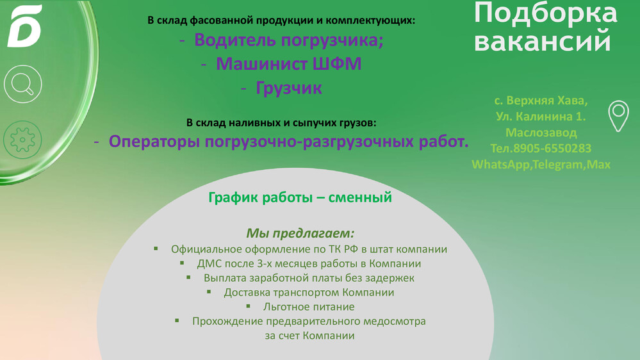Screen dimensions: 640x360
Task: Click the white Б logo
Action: pyautogui.click(x=24, y=26)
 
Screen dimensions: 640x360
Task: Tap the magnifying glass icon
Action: pyautogui.click(x=23, y=84)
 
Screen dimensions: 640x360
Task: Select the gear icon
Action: pyautogui.click(x=22, y=140)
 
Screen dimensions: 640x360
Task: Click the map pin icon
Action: pyautogui.click(x=618, y=116)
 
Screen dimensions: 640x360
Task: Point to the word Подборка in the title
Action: pyautogui.click(x=545, y=13)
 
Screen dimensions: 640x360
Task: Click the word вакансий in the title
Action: pyautogui.click(x=543, y=41)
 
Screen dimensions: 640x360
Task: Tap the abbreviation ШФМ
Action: pyautogui.click(x=337, y=63)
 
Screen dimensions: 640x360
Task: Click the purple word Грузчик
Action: pyautogui.click(x=289, y=88)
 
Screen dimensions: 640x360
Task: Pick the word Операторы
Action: pyautogui.click(x=154, y=142)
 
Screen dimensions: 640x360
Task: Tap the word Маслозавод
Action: pyautogui.click(x=541, y=133)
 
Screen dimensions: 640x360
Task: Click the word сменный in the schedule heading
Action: pyautogui.click(x=360, y=197)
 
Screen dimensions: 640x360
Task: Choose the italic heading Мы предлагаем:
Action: pyautogui.click(x=300, y=233)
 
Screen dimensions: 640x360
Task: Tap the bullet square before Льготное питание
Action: pyautogui.click(x=248, y=306)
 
